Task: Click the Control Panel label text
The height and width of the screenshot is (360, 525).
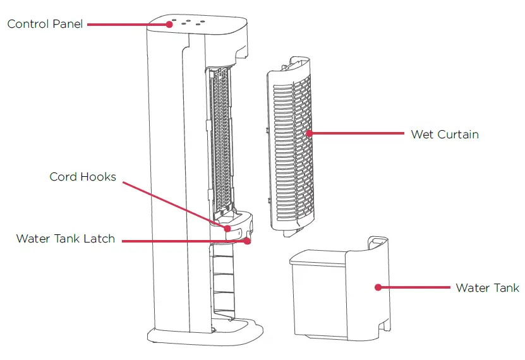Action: (x=45, y=25)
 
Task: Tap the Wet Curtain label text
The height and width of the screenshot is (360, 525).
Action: (x=444, y=134)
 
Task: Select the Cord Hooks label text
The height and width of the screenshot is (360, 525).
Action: (x=83, y=177)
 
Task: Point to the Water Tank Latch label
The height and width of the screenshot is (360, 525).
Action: (x=66, y=239)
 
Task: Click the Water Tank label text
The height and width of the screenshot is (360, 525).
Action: (x=487, y=287)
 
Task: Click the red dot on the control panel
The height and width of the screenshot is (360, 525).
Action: (x=170, y=24)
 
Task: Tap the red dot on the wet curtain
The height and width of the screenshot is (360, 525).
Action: (x=309, y=133)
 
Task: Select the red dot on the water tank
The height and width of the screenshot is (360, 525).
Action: (x=378, y=287)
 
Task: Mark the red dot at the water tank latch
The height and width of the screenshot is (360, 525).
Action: (x=248, y=241)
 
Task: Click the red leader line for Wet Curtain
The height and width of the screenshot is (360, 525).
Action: (x=357, y=133)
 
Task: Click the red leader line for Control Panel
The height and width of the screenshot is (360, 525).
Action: (x=126, y=24)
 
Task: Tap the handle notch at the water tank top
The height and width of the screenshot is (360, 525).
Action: (x=377, y=241)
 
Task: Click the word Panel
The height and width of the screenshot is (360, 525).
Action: (x=68, y=25)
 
